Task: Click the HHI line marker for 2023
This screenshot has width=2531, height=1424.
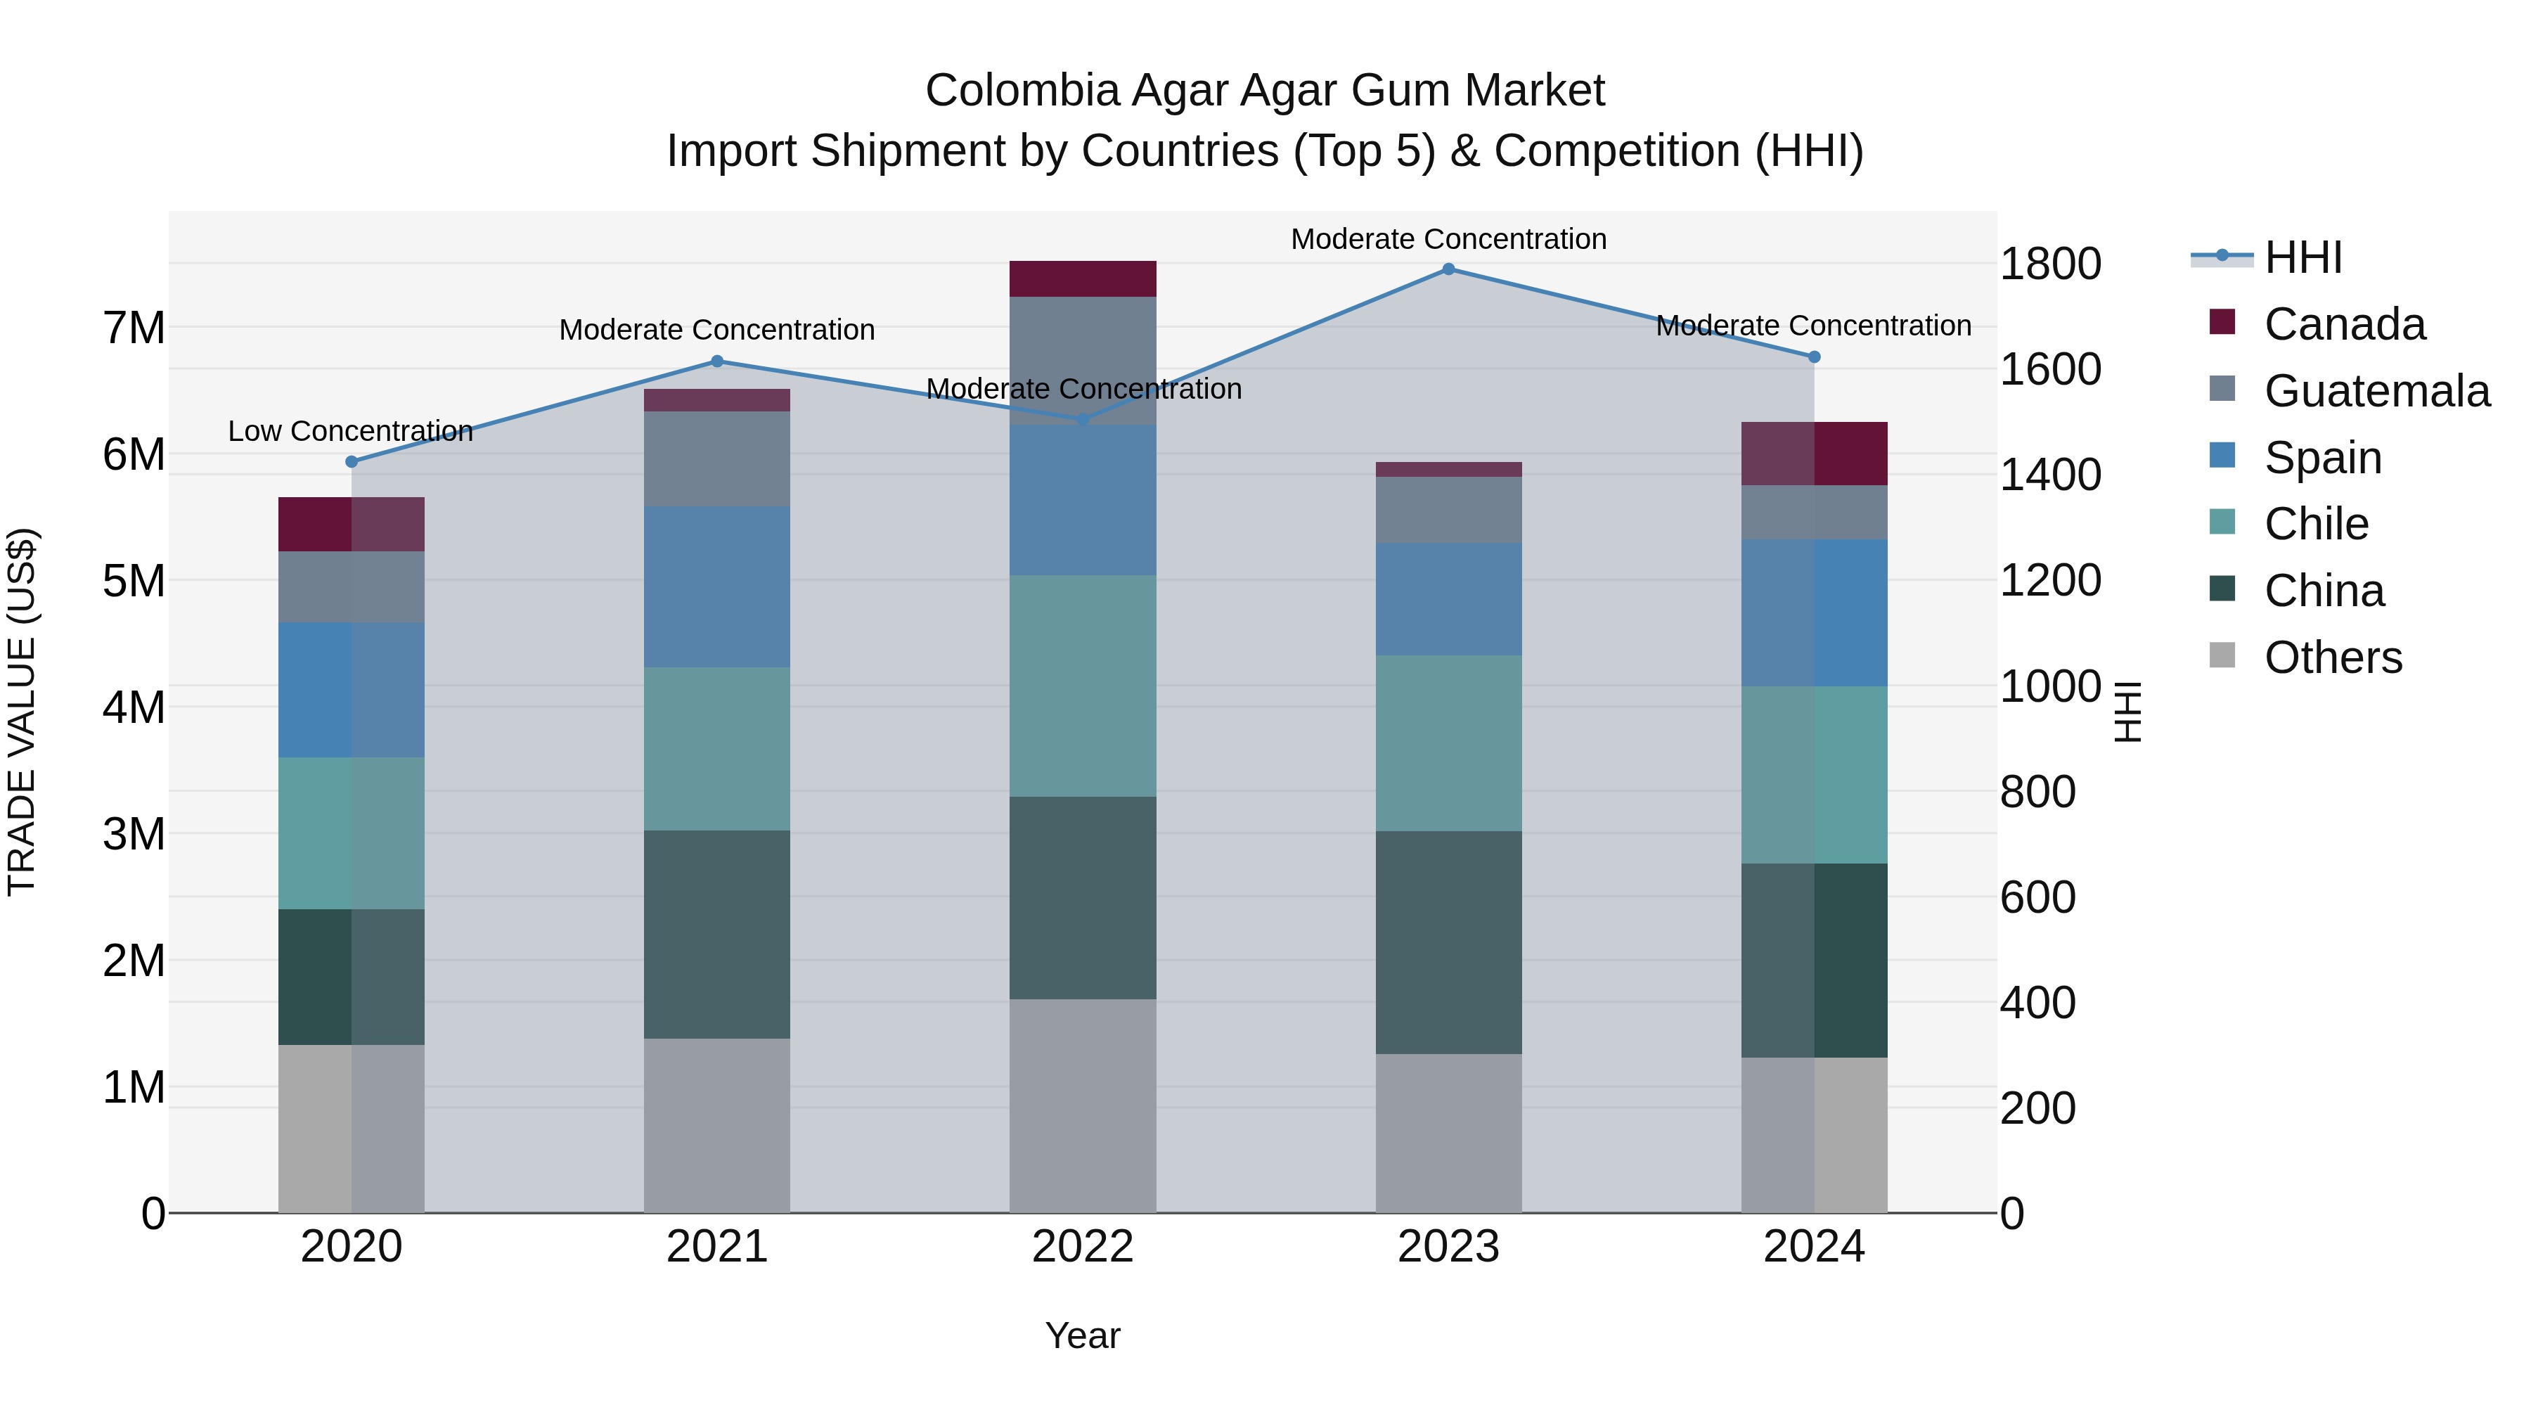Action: [x=1448, y=269]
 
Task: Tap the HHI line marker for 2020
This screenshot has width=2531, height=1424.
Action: [x=352, y=462]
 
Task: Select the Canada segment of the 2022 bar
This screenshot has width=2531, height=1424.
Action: [x=1083, y=279]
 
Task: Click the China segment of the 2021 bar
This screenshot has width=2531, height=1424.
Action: [x=717, y=935]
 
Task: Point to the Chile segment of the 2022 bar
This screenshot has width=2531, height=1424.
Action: [x=1083, y=686]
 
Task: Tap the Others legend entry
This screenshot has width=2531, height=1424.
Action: [x=2333, y=658]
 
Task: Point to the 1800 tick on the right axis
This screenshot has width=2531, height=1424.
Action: [x=2051, y=264]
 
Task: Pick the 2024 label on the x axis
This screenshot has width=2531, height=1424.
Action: [x=1814, y=1247]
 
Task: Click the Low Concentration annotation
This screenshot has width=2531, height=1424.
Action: [x=351, y=432]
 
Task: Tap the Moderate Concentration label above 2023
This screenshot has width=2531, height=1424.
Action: [x=1448, y=239]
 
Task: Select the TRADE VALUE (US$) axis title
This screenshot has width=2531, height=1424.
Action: [x=22, y=712]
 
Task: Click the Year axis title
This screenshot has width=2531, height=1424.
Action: [x=1083, y=1335]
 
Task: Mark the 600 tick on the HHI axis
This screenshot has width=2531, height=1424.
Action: [x=2037, y=897]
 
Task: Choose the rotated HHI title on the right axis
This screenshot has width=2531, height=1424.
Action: [x=2127, y=712]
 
